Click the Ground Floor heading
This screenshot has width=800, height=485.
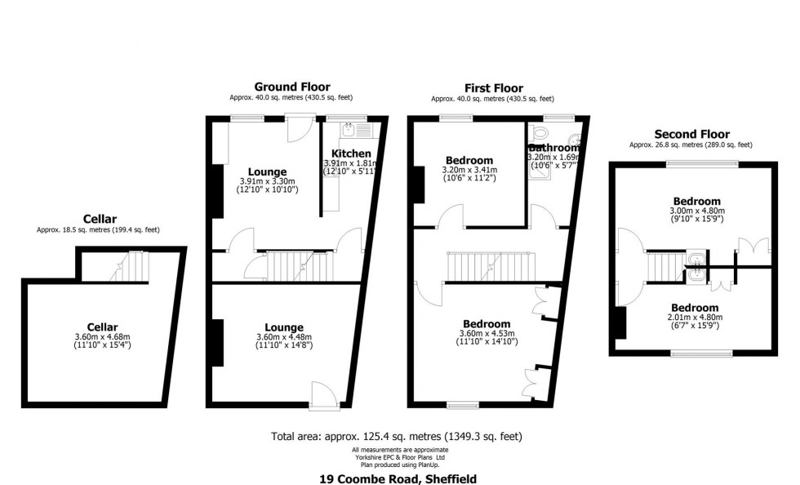pyautogui.click(x=291, y=87)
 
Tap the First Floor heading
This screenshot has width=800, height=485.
pyautogui.click(x=493, y=88)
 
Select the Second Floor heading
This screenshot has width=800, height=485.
pyautogui.click(x=691, y=135)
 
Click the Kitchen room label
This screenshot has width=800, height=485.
pyautogui.click(x=351, y=154)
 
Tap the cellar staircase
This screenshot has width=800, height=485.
pyautogui.click(x=130, y=267)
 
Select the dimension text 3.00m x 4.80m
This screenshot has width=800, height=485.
pyautogui.click(x=696, y=211)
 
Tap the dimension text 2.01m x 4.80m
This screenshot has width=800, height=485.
pyautogui.click(x=696, y=318)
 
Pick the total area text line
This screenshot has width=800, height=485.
pyautogui.click(x=396, y=437)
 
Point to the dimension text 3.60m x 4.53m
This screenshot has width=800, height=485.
pyautogui.click(x=486, y=333)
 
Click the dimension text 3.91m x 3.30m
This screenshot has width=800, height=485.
pyautogui.click(x=268, y=181)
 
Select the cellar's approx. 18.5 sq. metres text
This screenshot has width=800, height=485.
pyautogui.click(x=98, y=229)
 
